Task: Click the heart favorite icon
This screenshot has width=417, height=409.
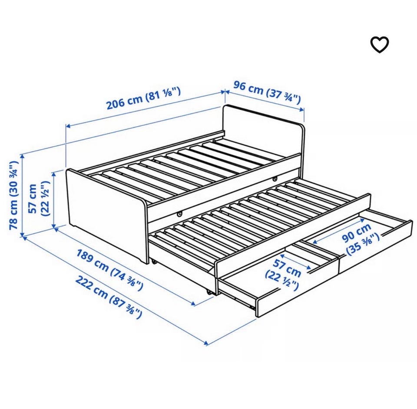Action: (x=380, y=45)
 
